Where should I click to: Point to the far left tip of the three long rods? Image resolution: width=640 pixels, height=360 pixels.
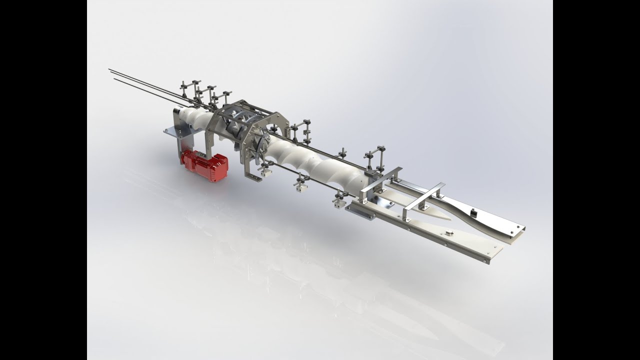click(109, 69)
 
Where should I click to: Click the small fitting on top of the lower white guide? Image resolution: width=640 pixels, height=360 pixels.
click(448, 232)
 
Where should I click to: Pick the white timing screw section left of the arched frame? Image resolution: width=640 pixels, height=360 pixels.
click(197, 117)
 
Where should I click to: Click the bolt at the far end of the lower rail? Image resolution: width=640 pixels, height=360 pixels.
click(484, 261)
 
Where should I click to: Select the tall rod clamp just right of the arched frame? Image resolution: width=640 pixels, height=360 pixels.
click(303, 131)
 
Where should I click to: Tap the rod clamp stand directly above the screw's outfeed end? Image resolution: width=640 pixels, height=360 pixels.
click(375, 157)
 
